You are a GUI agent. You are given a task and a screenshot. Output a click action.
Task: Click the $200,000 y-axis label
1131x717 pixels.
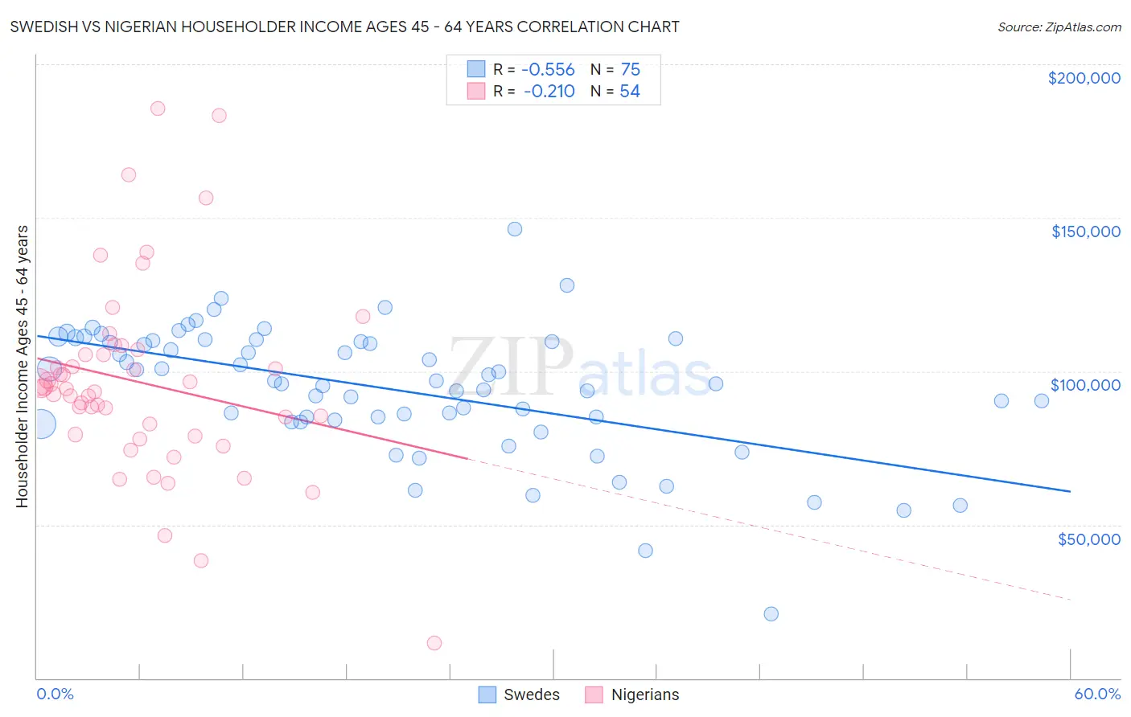[1084, 78]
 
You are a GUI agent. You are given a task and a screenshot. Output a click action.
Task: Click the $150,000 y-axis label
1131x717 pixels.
[1085, 231]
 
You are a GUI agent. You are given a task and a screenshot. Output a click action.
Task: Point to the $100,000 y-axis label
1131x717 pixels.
[1085, 385]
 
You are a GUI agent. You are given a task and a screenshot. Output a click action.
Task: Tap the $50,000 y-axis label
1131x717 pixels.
[1088, 539]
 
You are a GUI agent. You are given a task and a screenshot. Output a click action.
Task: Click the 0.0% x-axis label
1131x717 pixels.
[55, 694]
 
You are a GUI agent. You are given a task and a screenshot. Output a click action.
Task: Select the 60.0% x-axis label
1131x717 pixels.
[1097, 694]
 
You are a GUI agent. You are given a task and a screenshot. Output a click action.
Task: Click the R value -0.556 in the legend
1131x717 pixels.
[549, 70]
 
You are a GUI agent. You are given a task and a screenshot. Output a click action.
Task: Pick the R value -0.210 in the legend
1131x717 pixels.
[549, 92]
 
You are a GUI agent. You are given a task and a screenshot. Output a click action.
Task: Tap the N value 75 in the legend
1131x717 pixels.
[631, 70]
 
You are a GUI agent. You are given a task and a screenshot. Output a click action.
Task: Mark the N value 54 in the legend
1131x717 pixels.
[630, 92]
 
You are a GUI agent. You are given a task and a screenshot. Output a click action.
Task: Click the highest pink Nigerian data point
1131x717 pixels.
[158, 109]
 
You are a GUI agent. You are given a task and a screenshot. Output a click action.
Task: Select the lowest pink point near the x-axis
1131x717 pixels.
[434, 643]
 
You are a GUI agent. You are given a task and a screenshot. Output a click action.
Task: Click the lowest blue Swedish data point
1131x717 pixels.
[771, 614]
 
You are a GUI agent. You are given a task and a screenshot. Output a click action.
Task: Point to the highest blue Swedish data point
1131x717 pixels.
[515, 229]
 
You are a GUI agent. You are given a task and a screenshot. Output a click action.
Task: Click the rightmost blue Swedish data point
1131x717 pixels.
[1042, 401]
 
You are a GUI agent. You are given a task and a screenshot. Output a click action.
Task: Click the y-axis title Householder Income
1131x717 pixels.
[23, 366]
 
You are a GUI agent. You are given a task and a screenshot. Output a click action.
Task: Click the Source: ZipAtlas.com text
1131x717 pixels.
[1059, 27]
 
